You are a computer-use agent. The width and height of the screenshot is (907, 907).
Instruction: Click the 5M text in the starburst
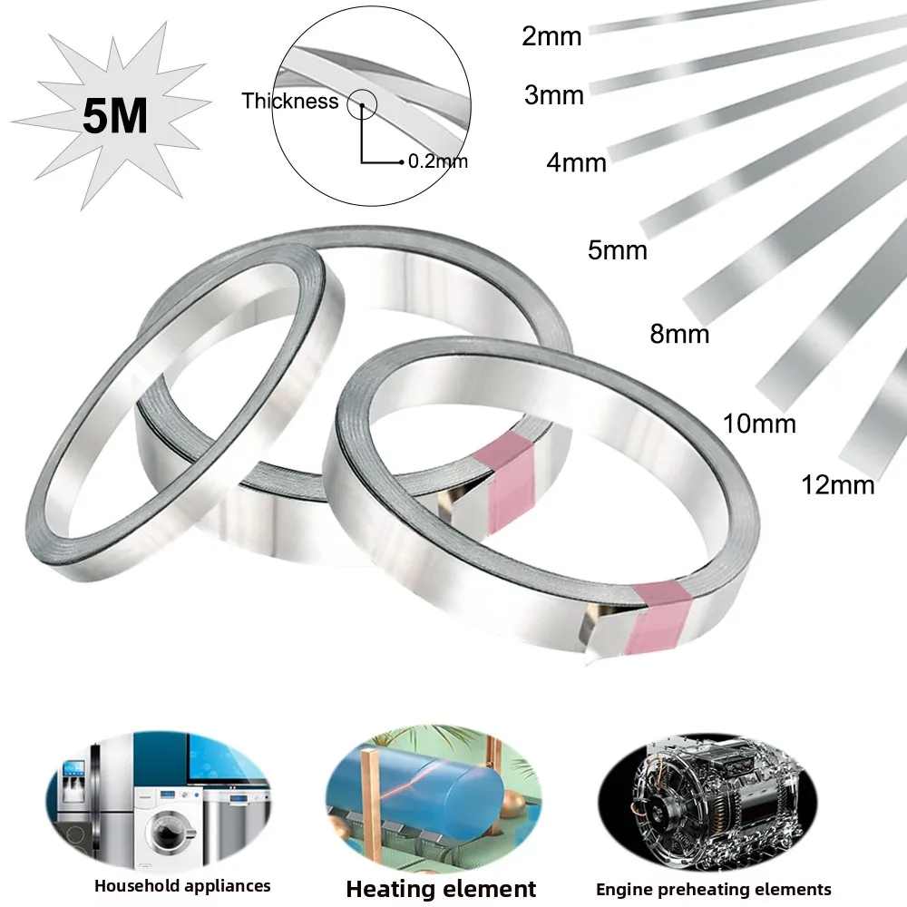click(x=114, y=118)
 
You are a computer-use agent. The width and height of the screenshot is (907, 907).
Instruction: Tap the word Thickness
click(x=289, y=102)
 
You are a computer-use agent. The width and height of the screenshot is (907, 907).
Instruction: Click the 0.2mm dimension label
click(x=438, y=162)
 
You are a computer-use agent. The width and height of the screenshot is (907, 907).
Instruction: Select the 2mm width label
click(x=552, y=37)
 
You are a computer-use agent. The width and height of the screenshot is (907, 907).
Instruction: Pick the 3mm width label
click(x=554, y=94)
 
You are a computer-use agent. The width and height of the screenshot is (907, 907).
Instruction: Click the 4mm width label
click(x=576, y=163)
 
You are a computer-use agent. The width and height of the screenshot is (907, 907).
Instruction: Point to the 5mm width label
click(x=618, y=249)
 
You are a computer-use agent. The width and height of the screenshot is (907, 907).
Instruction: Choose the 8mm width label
click(x=679, y=334)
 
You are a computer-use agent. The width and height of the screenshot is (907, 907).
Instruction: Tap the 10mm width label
click(x=759, y=423)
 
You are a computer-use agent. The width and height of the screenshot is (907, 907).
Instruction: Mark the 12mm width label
click(x=838, y=484)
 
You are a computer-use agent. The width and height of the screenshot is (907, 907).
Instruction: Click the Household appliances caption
click(x=182, y=885)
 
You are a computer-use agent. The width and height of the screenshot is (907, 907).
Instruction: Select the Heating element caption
click(x=441, y=889)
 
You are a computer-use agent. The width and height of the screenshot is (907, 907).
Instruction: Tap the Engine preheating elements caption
click(x=714, y=889)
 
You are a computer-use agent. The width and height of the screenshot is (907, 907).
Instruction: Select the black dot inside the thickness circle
click(x=362, y=107)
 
